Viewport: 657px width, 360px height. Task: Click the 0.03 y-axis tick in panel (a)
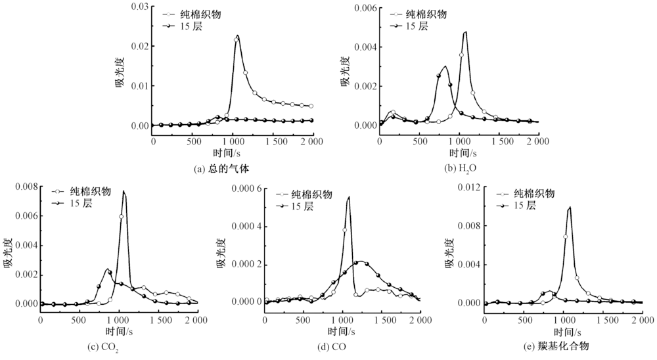point(139,7)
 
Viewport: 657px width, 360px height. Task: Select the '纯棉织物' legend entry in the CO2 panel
point(90,192)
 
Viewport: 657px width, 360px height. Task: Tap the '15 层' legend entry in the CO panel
point(304,206)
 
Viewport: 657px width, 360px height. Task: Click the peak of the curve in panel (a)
point(237,35)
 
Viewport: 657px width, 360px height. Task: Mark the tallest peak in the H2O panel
point(465,32)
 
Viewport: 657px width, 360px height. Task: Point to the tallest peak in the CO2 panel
point(124,191)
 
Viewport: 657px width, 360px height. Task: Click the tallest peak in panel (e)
point(570,207)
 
